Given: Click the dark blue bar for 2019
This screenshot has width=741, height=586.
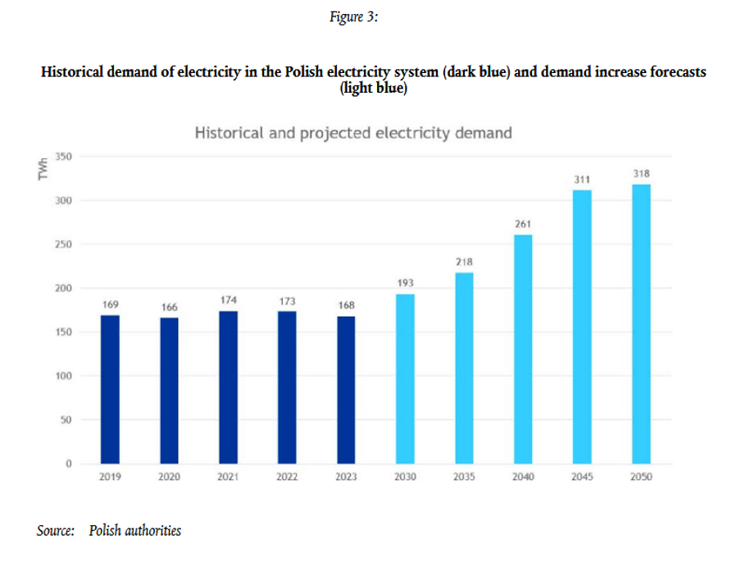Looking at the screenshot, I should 110,389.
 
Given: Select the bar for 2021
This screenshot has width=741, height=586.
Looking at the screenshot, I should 228,387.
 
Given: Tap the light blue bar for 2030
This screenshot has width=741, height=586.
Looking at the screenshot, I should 405,378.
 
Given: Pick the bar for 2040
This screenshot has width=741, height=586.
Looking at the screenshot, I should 523,350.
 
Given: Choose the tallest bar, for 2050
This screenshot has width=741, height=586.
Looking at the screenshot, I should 641,324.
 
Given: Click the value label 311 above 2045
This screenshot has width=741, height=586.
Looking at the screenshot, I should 582,179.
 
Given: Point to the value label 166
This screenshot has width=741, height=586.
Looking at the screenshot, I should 169,307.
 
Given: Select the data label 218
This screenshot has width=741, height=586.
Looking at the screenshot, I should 464,262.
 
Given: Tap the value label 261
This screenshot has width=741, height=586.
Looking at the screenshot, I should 523,223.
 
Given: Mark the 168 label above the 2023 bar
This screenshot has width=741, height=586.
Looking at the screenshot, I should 347,305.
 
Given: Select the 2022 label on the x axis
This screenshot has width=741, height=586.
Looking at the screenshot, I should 287,477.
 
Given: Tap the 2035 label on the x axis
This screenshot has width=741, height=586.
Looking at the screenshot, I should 464,477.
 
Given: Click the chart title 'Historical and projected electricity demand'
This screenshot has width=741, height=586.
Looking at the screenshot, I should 353,133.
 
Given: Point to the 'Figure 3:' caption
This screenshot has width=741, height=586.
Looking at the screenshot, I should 353,17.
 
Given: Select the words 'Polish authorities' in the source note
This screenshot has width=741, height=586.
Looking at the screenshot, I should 135,530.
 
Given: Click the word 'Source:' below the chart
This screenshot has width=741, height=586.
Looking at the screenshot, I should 56,530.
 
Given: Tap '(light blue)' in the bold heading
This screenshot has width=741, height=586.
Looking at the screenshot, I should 373,88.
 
